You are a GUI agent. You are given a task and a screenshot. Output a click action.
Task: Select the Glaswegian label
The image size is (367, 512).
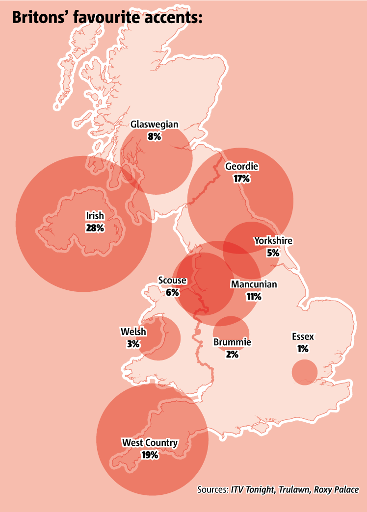[154, 125]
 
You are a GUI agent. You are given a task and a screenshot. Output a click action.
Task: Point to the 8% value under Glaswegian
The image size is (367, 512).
[154, 136]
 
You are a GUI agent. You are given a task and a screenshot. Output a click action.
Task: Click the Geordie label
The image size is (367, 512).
[241, 167]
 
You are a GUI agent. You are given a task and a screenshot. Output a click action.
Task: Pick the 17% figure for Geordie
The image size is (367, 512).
[241, 179]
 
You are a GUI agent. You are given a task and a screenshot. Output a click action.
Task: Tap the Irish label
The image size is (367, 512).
[95, 216]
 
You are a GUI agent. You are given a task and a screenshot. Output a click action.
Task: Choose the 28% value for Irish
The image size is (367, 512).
[95, 228]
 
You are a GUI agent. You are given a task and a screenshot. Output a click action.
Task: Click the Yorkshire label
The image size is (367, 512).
[273, 241]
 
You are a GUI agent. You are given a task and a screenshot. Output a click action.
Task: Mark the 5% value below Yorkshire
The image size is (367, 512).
[273, 253]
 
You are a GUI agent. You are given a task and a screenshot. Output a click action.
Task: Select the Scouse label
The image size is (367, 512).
[172, 281]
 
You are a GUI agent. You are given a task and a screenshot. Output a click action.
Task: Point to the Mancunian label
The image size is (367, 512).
[254, 284]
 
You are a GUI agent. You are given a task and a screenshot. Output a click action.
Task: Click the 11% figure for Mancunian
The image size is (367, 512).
[254, 296]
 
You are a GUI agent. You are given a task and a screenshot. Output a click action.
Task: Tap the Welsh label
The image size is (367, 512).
[133, 332]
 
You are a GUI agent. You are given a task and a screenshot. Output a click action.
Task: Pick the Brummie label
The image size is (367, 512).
[232, 342]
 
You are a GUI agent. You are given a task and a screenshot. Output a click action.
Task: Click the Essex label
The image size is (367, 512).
[302, 337]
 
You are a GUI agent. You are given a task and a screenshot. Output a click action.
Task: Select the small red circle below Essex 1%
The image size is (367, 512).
[305, 372]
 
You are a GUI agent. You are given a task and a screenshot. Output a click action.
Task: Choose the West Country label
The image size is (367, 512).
[150, 443]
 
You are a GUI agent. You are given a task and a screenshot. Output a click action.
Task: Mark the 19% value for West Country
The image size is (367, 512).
[150, 455]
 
